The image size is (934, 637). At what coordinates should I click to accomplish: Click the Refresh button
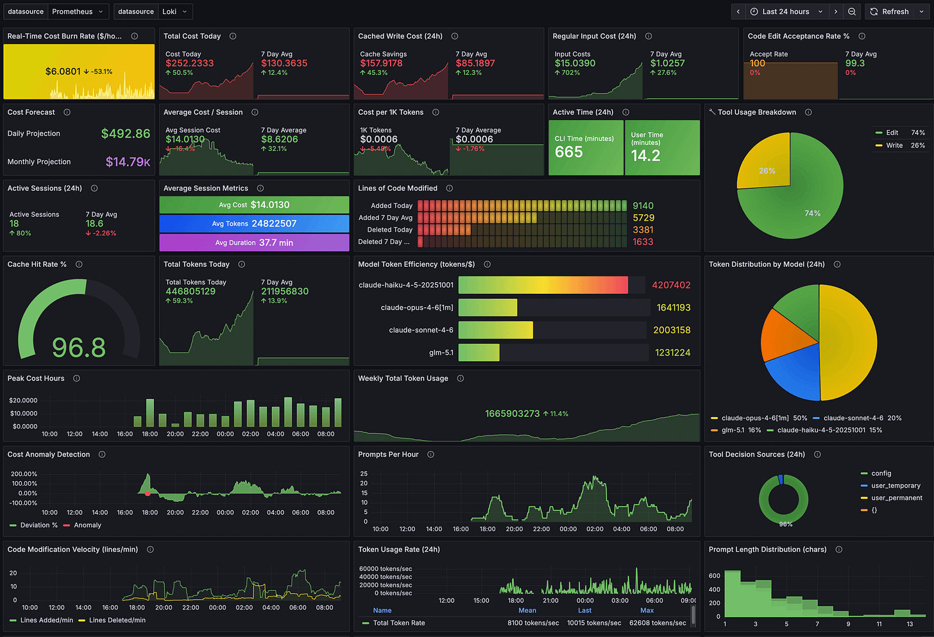889,12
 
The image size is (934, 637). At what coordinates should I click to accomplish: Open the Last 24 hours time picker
786,12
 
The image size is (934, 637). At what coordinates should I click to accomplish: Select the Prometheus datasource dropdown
76,12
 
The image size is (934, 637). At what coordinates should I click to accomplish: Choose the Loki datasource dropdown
174,12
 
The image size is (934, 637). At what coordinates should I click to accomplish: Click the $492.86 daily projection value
126,133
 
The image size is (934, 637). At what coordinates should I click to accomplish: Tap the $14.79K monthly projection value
128,162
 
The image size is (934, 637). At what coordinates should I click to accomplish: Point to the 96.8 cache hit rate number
78,348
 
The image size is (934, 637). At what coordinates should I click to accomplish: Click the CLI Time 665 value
569,152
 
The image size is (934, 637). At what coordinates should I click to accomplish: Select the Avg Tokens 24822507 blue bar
254,223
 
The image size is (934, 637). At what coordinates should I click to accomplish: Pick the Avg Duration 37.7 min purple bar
254,242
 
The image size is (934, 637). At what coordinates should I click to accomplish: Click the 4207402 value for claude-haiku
671,285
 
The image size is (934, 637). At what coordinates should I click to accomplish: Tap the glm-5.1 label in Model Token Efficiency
441,353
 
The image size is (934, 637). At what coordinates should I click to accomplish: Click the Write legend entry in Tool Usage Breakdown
894,146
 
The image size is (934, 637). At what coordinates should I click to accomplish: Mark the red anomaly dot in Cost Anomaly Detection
148,493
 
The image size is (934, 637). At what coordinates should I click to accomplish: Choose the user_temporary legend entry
896,486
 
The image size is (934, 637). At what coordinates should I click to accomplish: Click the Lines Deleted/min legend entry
117,620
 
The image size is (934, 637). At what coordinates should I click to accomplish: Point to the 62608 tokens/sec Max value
658,623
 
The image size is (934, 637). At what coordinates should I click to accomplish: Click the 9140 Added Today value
643,206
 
